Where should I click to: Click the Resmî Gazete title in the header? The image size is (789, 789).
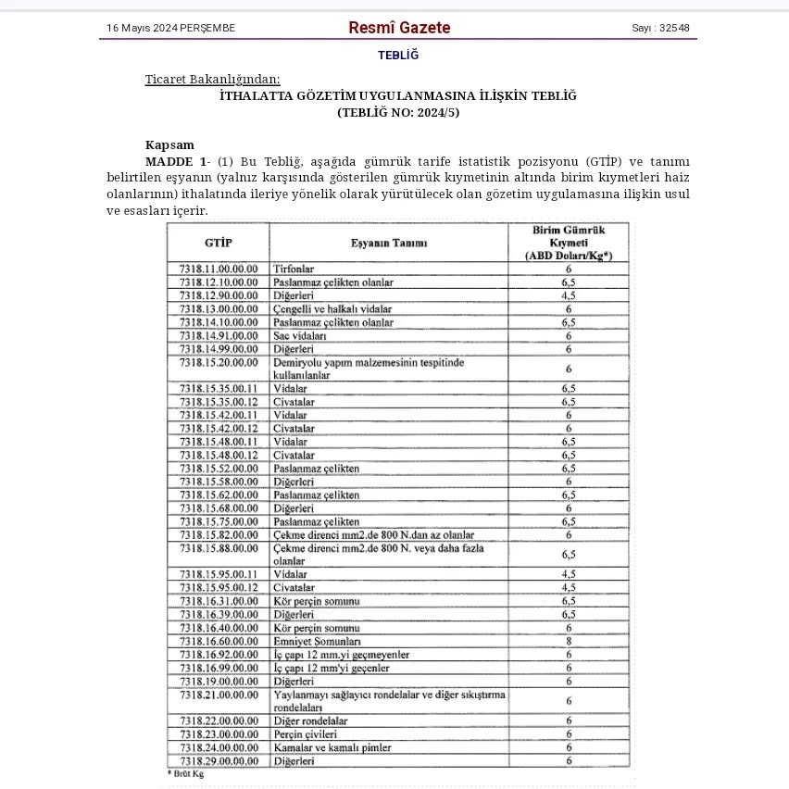pos(399,28)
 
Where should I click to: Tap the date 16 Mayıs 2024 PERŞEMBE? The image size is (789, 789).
pos(170,28)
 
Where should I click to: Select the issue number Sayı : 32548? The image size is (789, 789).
pos(660,28)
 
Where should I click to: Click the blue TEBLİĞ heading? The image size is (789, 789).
pos(398,55)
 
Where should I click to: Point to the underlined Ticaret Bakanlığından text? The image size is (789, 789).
pos(212,79)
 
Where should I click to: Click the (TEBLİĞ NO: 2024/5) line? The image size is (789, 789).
pos(398,112)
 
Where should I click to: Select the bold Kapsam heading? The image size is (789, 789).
pos(169,144)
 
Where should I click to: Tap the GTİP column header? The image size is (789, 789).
pos(218,243)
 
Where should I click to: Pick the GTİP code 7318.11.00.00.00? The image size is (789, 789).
pos(218,269)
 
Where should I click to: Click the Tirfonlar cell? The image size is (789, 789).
pos(294,269)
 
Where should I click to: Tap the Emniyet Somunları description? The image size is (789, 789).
pos(317,641)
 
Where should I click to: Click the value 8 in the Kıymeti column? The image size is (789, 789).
pos(569,641)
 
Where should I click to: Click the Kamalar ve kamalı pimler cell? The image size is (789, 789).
pos(332,747)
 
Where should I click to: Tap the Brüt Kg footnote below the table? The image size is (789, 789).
pos(185,772)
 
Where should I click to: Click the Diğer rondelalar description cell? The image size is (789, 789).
pos(310,720)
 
